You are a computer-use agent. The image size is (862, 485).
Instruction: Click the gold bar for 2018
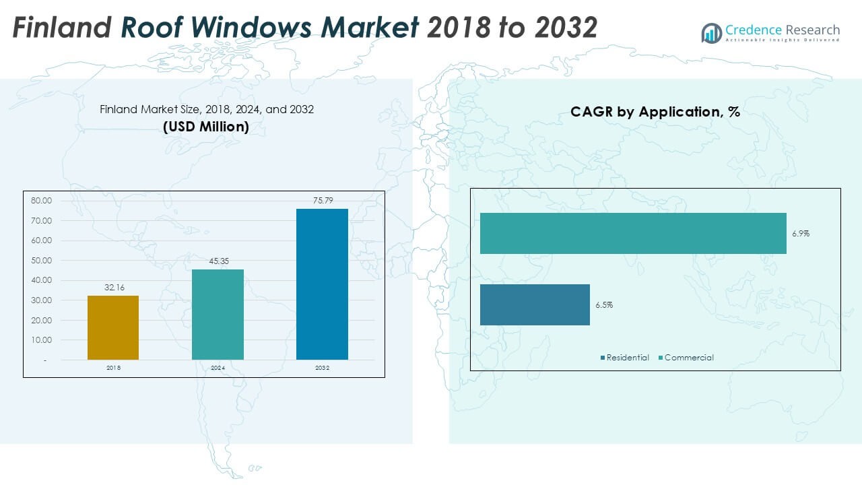(113, 327)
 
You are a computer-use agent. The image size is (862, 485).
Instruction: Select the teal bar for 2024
(218, 315)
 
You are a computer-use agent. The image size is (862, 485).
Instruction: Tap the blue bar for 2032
(322, 284)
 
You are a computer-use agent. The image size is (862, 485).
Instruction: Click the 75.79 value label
(322, 200)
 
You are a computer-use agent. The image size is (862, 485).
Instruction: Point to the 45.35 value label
(218, 261)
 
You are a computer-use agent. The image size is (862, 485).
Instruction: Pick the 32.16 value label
(113, 288)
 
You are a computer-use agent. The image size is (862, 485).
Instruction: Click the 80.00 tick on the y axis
(41, 201)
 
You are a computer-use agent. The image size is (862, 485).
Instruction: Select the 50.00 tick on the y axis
(41, 261)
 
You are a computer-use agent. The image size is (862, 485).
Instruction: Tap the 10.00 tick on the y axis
(41, 340)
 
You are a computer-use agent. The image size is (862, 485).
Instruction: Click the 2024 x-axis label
(218, 368)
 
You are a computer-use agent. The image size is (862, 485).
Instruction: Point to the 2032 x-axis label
(322, 368)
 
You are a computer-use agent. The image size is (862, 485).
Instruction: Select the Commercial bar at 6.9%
(633, 234)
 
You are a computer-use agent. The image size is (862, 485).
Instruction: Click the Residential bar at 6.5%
(535, 304)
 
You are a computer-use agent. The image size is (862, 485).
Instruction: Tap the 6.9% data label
(801, 234)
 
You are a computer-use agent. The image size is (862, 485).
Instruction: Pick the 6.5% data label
(604, 305)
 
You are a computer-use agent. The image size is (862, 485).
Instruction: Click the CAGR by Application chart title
(655, 112)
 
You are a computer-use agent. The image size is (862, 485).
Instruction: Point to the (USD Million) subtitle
(206, 127)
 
